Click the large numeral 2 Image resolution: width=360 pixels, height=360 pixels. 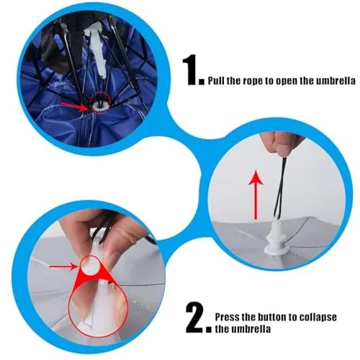(195, 318)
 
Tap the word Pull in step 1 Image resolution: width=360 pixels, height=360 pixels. (216, 81)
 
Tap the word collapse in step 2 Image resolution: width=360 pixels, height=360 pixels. (318, 318)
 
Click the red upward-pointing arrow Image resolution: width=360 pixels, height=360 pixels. (256, 194)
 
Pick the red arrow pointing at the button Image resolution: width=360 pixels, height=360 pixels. (63, 266)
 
